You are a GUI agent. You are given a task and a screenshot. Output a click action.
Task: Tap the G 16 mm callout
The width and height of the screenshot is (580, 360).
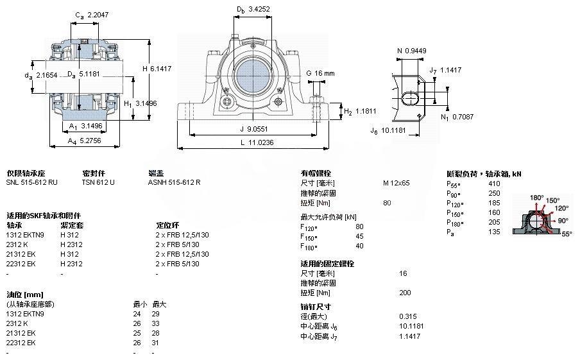click(320, 73)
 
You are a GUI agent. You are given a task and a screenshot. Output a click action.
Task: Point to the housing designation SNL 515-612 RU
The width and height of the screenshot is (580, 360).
click(31, 182)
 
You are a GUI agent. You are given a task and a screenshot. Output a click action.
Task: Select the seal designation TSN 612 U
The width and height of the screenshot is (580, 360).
click(98, 182)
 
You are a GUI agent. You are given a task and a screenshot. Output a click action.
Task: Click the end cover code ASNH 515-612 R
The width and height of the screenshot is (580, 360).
click(174, 182)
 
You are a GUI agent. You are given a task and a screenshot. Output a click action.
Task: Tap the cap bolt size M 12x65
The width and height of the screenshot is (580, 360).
click(396, 183)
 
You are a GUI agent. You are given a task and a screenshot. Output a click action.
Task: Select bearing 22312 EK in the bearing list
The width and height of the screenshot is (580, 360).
click(21, 264)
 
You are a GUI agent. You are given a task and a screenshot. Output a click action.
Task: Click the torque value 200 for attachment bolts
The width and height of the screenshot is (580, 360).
click(405, 293)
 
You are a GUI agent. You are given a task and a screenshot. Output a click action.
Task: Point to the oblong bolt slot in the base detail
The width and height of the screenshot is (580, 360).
click(411, 96)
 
